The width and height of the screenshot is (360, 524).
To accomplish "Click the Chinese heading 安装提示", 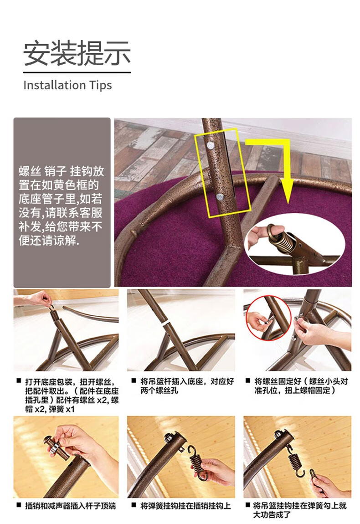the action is point(77,53).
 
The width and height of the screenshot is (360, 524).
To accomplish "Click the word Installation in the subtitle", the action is point(55,85).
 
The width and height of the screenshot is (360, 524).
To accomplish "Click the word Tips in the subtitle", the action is point(100,86).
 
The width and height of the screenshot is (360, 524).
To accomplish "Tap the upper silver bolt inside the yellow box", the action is point(210,145).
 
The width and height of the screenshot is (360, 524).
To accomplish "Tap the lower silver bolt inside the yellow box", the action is point(220,197).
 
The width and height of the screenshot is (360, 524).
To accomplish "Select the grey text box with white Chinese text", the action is point(62,202).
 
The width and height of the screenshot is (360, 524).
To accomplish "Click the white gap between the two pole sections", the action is point(166,324).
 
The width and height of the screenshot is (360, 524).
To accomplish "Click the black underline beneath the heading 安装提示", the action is point(77,72).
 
